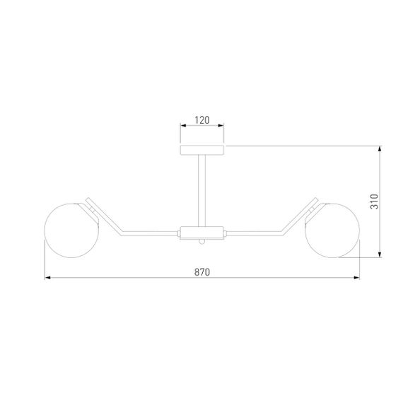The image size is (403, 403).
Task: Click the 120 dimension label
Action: (x=202, y=120)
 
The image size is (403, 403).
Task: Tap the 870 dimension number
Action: (x=202, y=272)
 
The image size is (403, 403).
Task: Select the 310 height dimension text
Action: (x=374, y=201)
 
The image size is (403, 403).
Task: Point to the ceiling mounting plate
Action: (x=201, y=150)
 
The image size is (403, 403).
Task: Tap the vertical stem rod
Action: (x=201, y=191)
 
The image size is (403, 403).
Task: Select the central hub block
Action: (x=201, y=233)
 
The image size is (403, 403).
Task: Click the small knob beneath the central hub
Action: (x=202, y=242)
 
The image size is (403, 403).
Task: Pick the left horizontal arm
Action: (x=150, y=233)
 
